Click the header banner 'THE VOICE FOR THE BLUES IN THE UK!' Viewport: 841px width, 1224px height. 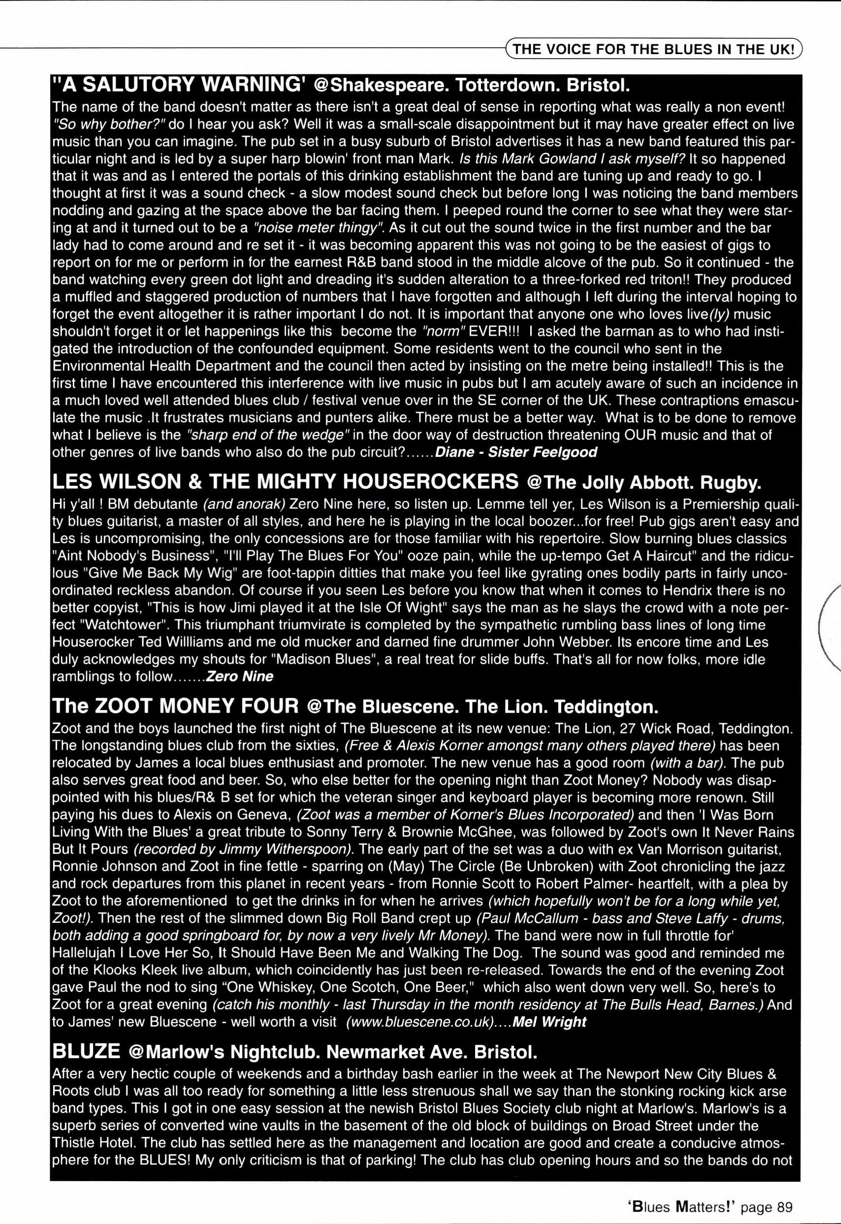click(x=654, y=50)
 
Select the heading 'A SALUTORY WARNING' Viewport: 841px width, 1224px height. click(x=179, y=84)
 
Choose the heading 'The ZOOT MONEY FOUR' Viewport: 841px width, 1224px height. click(x=176, y=705)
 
